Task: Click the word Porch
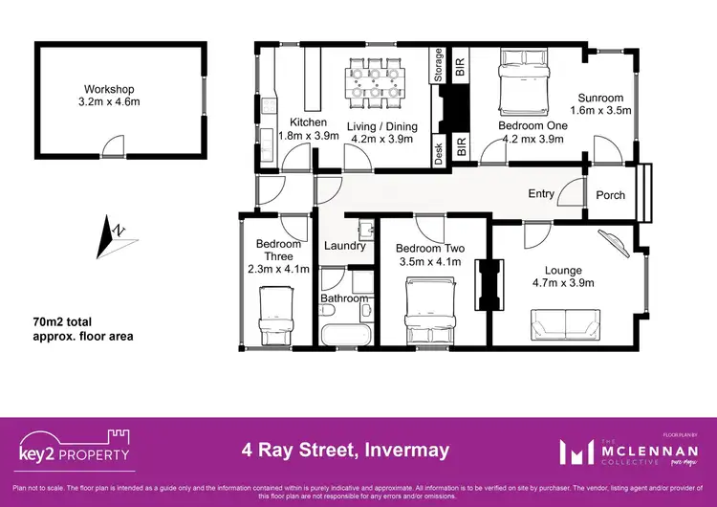611,195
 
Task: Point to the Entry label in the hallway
541,194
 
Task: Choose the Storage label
439,67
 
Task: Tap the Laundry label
345,246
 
